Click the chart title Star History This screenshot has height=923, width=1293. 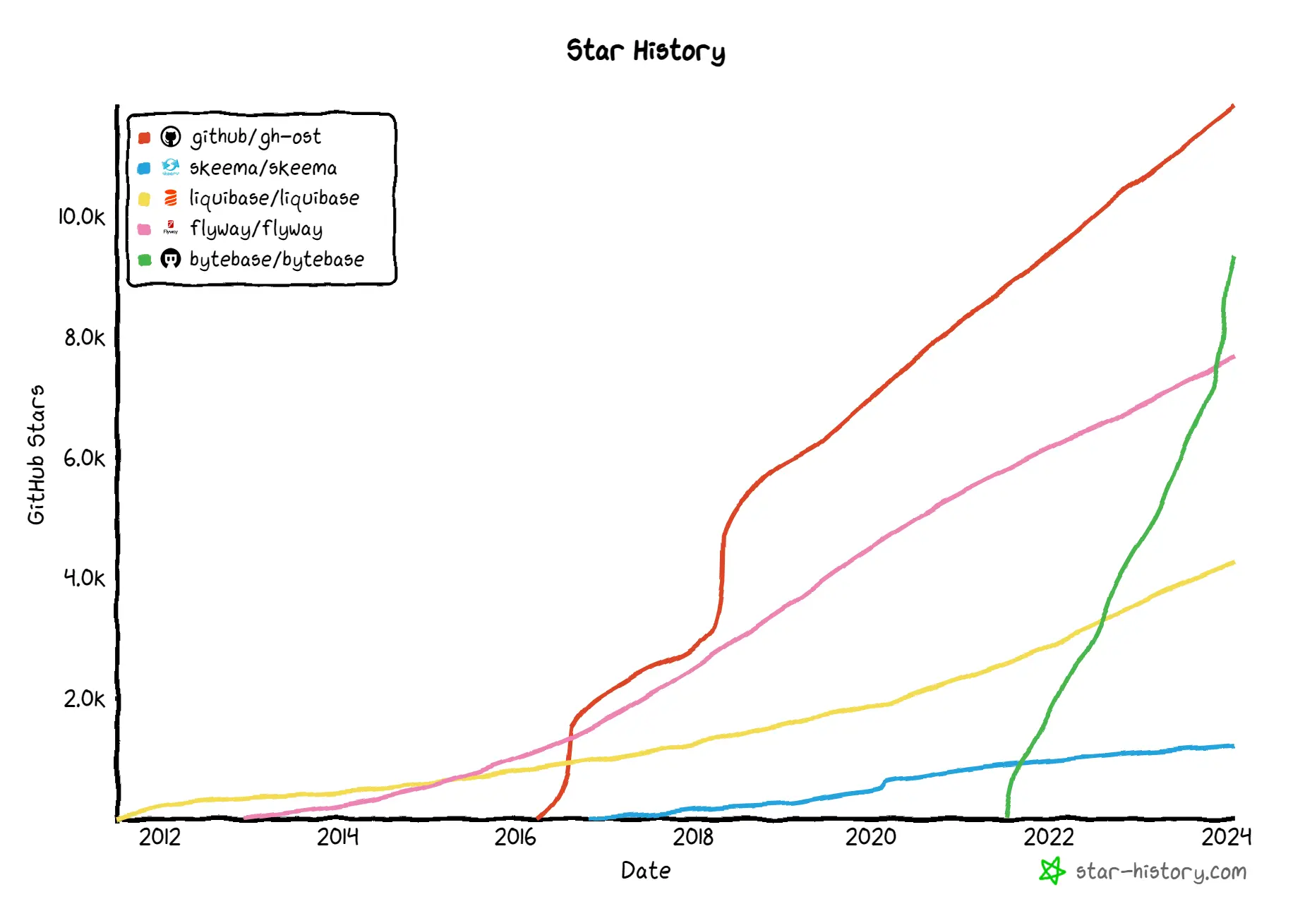pyautogui.click(x=645, y=51)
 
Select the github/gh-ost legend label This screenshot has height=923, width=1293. pyautogui.click(x=255, y=137)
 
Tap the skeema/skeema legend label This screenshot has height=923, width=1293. pyautogui.click(x=263, y=168)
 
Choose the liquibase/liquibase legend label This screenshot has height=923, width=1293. pyautogui.click(x=274, y=198)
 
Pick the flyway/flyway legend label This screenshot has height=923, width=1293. pyautogui.click(x=255, y=229)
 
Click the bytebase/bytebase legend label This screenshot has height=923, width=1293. pyautogui.click(x=277, y=260)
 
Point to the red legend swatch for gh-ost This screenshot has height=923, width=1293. pyautogui.click(x=145, y=138)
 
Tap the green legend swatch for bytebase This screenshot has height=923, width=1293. pyautogui.click(x=145, y=260)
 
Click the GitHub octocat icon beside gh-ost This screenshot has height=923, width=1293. pyautogui.click(x=171, y=136)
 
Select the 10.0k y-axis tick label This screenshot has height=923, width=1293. pyautogui.click(x=81, y=217)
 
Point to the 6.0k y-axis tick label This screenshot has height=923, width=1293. pyautogui.click(x=84, y=459)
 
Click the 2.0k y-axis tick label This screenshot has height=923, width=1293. pyautogui.click(x=84, y=699)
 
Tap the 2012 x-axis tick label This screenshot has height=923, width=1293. pyautogui.click(x=160, y=837)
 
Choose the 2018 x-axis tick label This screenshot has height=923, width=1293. pyautogui.click(x=693, y=837)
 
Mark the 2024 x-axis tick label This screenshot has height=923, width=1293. pyautogui.click(x=1227, y=837)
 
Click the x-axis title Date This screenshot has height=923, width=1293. pyautogui.click(x=645, y=871)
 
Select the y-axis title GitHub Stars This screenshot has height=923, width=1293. pyautogui.click(x=36, y=454)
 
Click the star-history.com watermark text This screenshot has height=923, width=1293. pyautogui.click(x=1161, y=872)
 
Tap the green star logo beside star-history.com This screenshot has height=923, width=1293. pyautogui.click(x=1052, y=871)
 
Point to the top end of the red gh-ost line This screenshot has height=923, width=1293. pyautogui.click(x=1232, y=107)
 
